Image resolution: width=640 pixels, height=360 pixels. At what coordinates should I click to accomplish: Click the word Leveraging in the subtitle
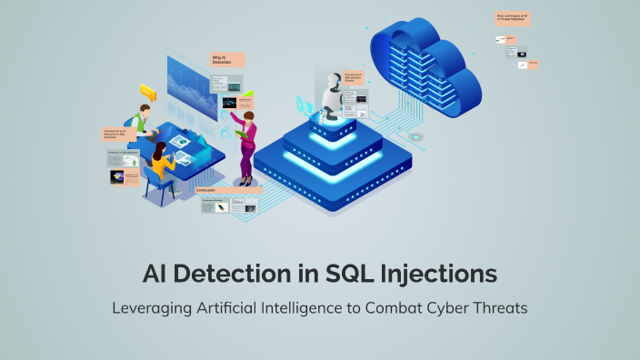pyautogui.click(x=152, y=307)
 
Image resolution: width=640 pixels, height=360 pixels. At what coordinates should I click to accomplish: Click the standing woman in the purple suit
pyautogui.click(x=246, y=136)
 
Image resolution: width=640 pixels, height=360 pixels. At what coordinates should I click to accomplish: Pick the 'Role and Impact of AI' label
pyautogui.click(x=513, y=16)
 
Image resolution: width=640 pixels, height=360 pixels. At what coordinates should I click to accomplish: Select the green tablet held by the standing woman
pyautogui.click(x=241, y=133)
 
